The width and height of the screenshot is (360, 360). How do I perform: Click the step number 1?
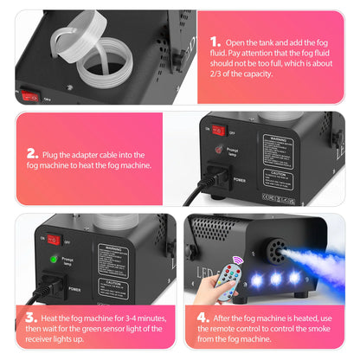coord(215,42)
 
